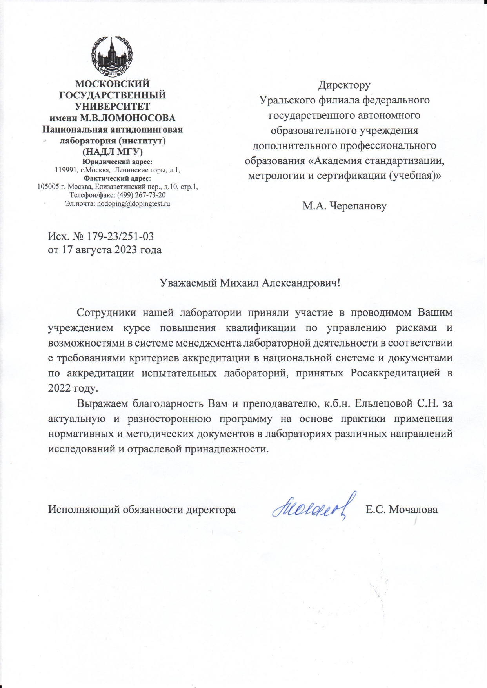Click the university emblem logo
(x=112, y=57)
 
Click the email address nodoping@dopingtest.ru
(x=133, y=203)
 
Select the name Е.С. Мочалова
(x=402, y=510)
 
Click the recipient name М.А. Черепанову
(x=344, y=206)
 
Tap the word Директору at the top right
(x=344, y=85)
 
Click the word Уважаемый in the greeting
(x=188, y=283)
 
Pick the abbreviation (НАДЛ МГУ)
(x=112, y=152)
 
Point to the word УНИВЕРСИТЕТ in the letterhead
(x=112, y=107)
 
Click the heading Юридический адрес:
(x=117, y=162)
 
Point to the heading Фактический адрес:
(x=117, y=178)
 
